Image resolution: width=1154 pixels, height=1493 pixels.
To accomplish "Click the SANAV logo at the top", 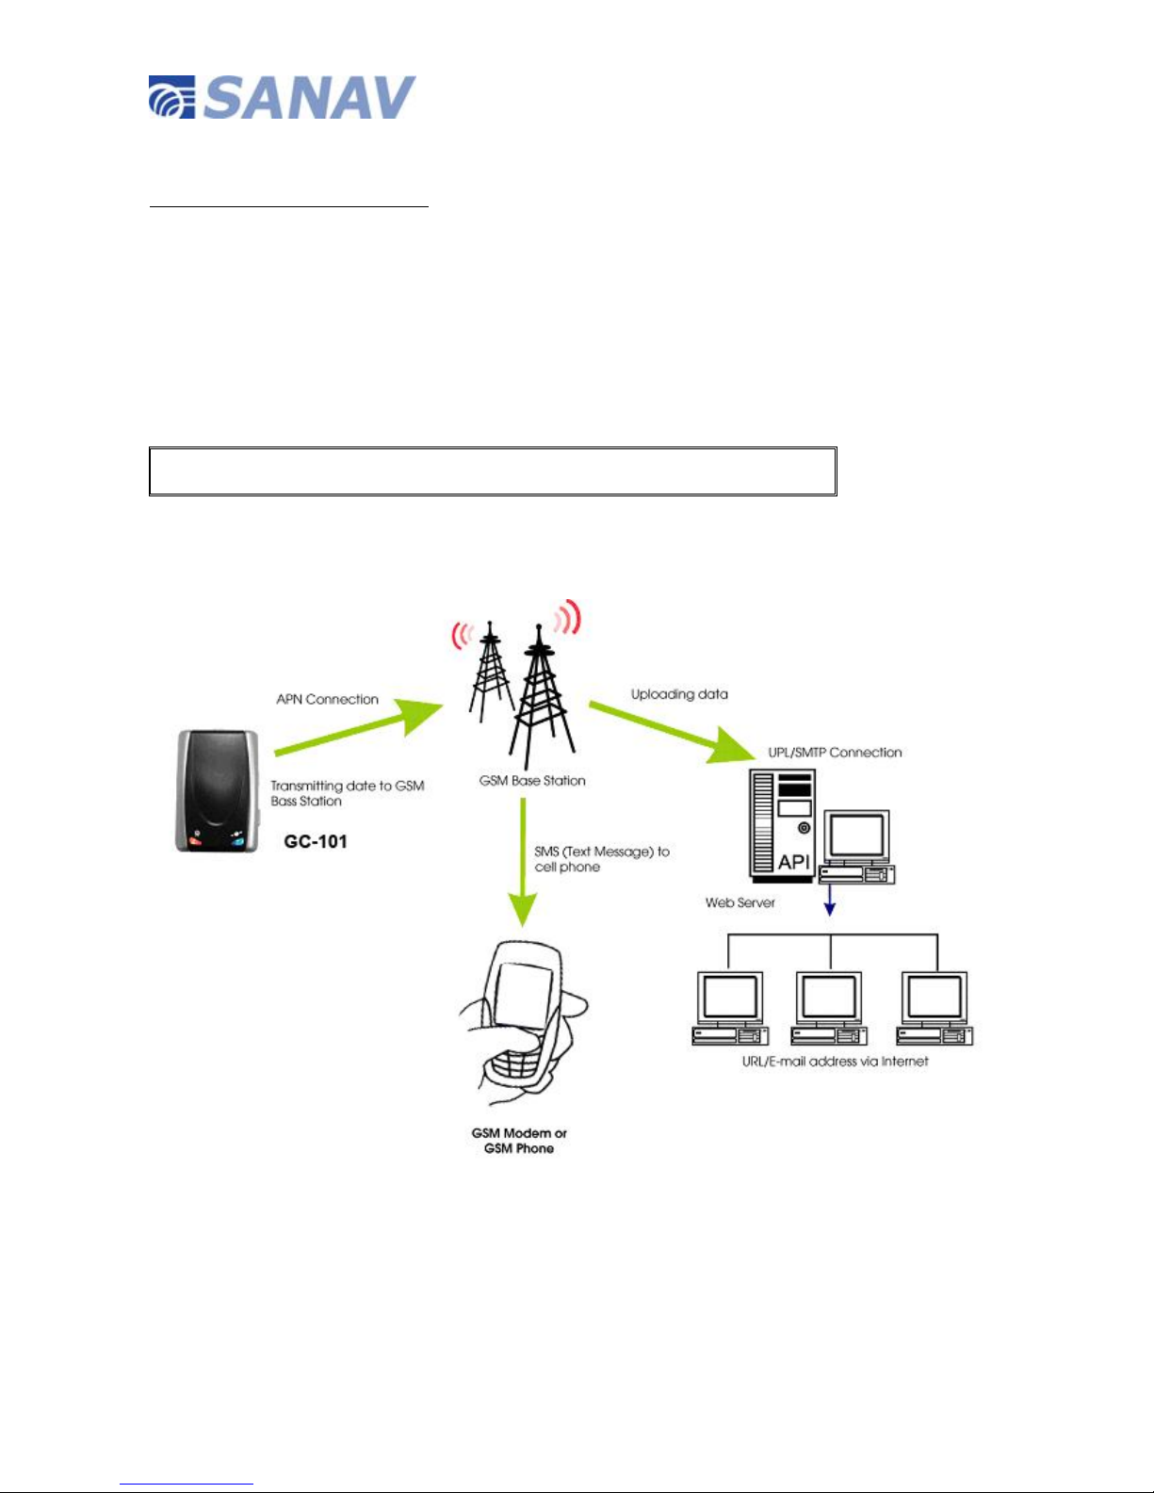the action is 282,97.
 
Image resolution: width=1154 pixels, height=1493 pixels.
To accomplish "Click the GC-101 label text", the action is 316,841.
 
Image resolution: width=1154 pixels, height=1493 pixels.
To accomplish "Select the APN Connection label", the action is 327,699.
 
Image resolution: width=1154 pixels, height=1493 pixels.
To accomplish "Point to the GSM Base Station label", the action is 532,780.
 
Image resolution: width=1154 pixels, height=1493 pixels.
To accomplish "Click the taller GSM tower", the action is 540,697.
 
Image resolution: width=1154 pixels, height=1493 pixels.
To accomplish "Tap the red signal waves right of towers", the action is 567,620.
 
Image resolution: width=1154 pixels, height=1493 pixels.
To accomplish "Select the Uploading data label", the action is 679,694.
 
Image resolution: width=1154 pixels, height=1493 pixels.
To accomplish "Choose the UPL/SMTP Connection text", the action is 835,752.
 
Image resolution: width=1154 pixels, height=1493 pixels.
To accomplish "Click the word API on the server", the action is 793,862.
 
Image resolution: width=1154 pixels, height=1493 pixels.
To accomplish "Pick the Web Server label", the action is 740,902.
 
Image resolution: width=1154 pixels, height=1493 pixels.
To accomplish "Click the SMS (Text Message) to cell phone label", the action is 601,859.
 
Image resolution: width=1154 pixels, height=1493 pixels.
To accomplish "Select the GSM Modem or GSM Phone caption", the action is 519,1141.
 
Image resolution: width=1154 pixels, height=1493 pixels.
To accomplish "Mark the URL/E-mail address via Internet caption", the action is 835,1061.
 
